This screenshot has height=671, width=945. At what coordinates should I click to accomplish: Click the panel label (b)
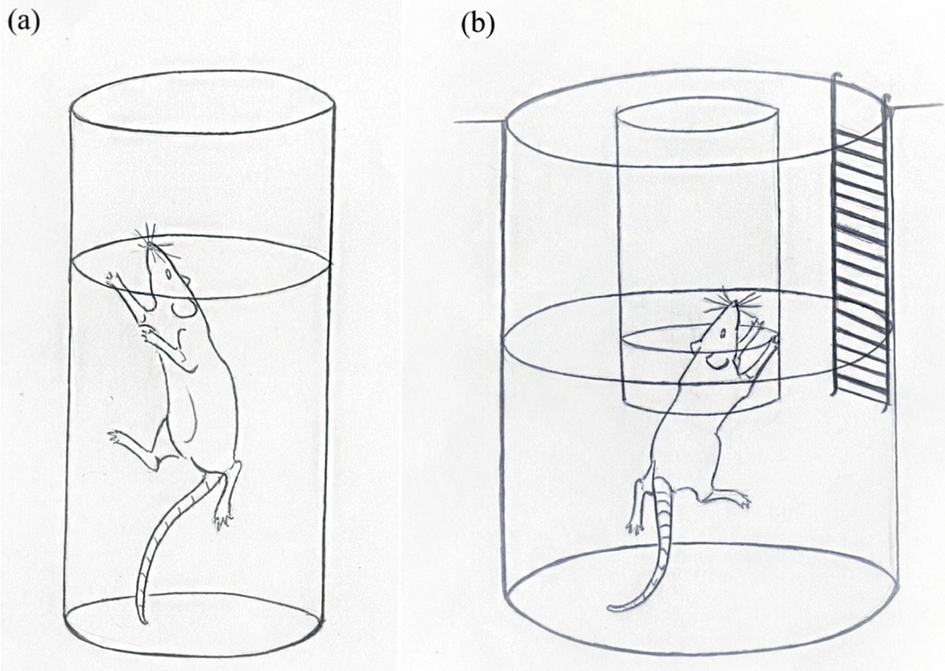coord(478,24)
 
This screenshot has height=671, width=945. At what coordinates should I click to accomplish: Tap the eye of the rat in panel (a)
coord(169,274)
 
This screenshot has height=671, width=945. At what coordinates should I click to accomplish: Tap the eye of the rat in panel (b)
coord(723,333)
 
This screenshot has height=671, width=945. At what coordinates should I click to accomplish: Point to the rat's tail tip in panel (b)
coord(609,608)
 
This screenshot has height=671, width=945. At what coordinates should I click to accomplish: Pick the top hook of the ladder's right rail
coord(887,101)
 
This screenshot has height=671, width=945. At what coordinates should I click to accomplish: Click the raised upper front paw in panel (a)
coord(113,280)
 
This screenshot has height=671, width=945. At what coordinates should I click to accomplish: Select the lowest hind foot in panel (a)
coord(224,521)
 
